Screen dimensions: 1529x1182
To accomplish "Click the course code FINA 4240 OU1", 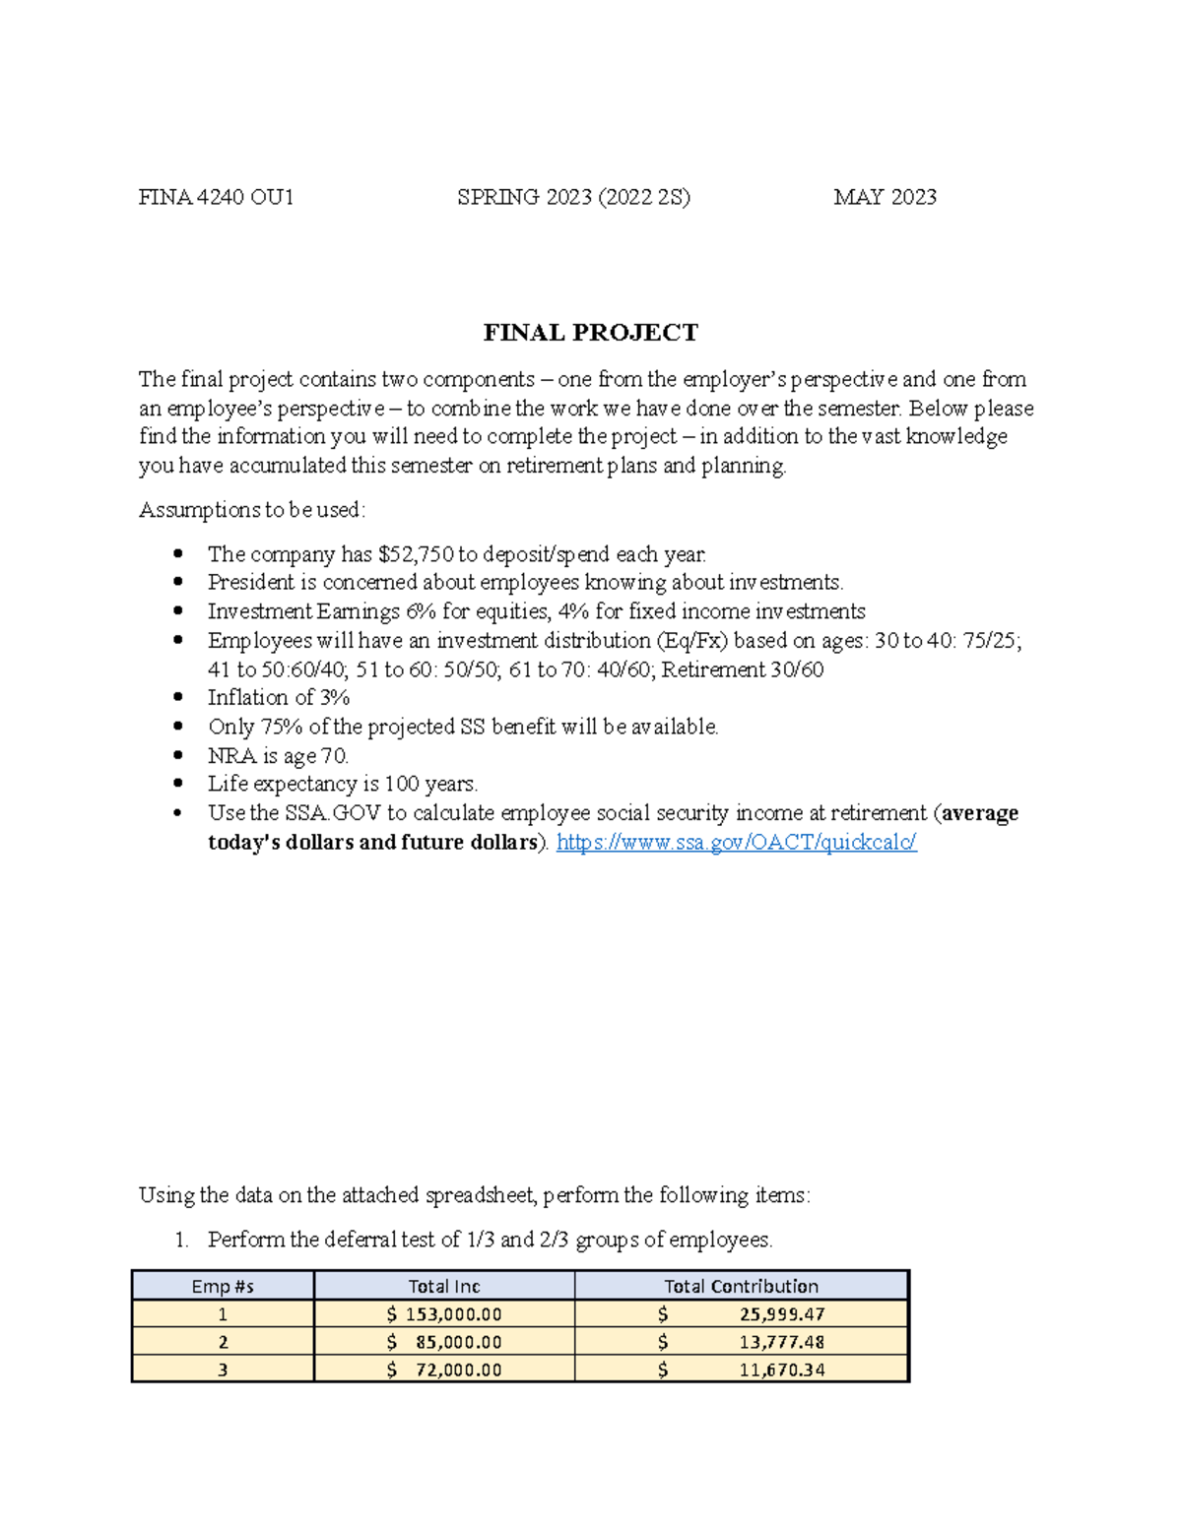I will tap(216, 197).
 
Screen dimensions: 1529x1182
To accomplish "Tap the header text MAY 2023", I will tap(885, 197).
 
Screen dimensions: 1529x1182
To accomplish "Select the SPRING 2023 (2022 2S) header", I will tap(573, 197).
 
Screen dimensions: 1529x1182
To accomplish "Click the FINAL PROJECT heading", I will tap(590, 333).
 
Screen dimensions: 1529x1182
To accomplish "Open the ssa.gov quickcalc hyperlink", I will tap(736, 842).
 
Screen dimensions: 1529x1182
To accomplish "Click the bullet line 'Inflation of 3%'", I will tap(279, 698).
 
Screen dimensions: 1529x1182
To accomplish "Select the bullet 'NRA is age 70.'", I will tap(278, 756).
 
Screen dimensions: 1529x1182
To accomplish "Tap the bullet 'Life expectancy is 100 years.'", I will tap(343, 784).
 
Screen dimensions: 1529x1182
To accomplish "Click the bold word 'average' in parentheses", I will tap(980, 813).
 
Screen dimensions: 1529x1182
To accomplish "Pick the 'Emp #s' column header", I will tap(223, 1286).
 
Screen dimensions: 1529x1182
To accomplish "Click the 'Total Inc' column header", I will tap(444, 1286).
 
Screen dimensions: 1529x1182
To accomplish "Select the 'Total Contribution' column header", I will tap(741, 1286).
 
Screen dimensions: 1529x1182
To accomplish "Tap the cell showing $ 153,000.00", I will tap(444, 1314).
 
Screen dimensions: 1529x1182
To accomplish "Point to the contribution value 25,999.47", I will tap(782, 1314).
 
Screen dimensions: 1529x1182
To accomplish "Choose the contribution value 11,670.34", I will tap(782, 1370).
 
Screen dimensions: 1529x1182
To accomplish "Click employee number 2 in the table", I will tap(223, 1342).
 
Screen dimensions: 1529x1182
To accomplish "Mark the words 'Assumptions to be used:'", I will tap(252, 510).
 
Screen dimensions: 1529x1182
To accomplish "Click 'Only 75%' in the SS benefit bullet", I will tap(245, 727).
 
